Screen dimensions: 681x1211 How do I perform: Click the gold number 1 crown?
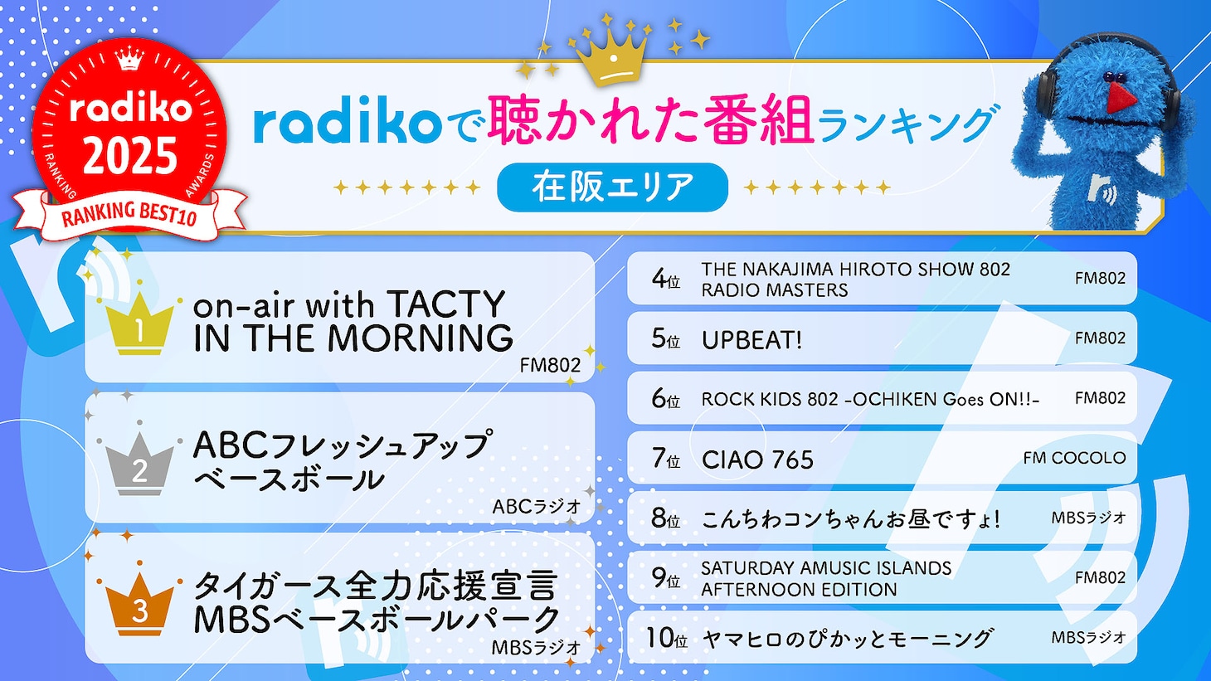[139, 326]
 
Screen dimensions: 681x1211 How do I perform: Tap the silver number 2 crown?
[139, 466]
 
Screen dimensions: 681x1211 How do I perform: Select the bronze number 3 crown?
[139, 606]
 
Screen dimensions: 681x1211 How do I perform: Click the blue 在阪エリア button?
[612, 187]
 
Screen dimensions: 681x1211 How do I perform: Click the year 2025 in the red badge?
[130, 155]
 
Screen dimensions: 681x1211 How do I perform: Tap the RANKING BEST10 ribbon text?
[129, 215]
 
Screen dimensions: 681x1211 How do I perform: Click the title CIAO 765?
[757, 460]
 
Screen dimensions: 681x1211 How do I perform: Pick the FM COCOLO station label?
[1074, 458]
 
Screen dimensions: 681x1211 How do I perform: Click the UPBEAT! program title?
[751, 340]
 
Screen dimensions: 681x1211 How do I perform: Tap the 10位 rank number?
[666, 638]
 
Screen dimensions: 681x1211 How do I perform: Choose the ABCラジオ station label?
[537, 507]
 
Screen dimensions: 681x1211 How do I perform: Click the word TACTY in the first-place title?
[445, 304]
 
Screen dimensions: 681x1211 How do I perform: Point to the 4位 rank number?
[665, 279]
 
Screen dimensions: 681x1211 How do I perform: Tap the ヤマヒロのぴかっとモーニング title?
[847, 639]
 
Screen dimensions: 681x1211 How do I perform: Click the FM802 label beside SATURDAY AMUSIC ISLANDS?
[1100, 577]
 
